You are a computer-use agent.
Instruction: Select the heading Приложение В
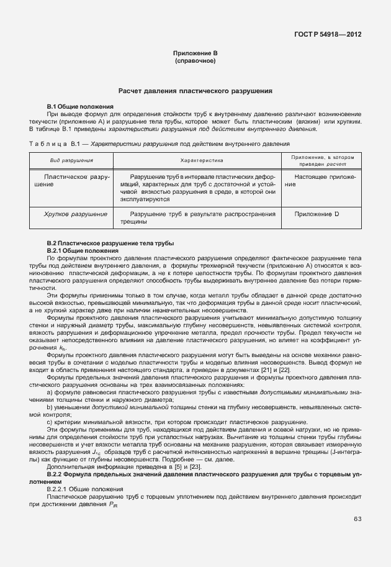point(195,55)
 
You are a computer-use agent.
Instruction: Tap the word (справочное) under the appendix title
point(195,61)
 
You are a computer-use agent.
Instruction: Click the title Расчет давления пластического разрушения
point(195,91)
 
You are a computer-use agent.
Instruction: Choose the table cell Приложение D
point(317,214)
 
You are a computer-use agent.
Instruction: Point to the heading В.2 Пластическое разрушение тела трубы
point(110,242)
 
